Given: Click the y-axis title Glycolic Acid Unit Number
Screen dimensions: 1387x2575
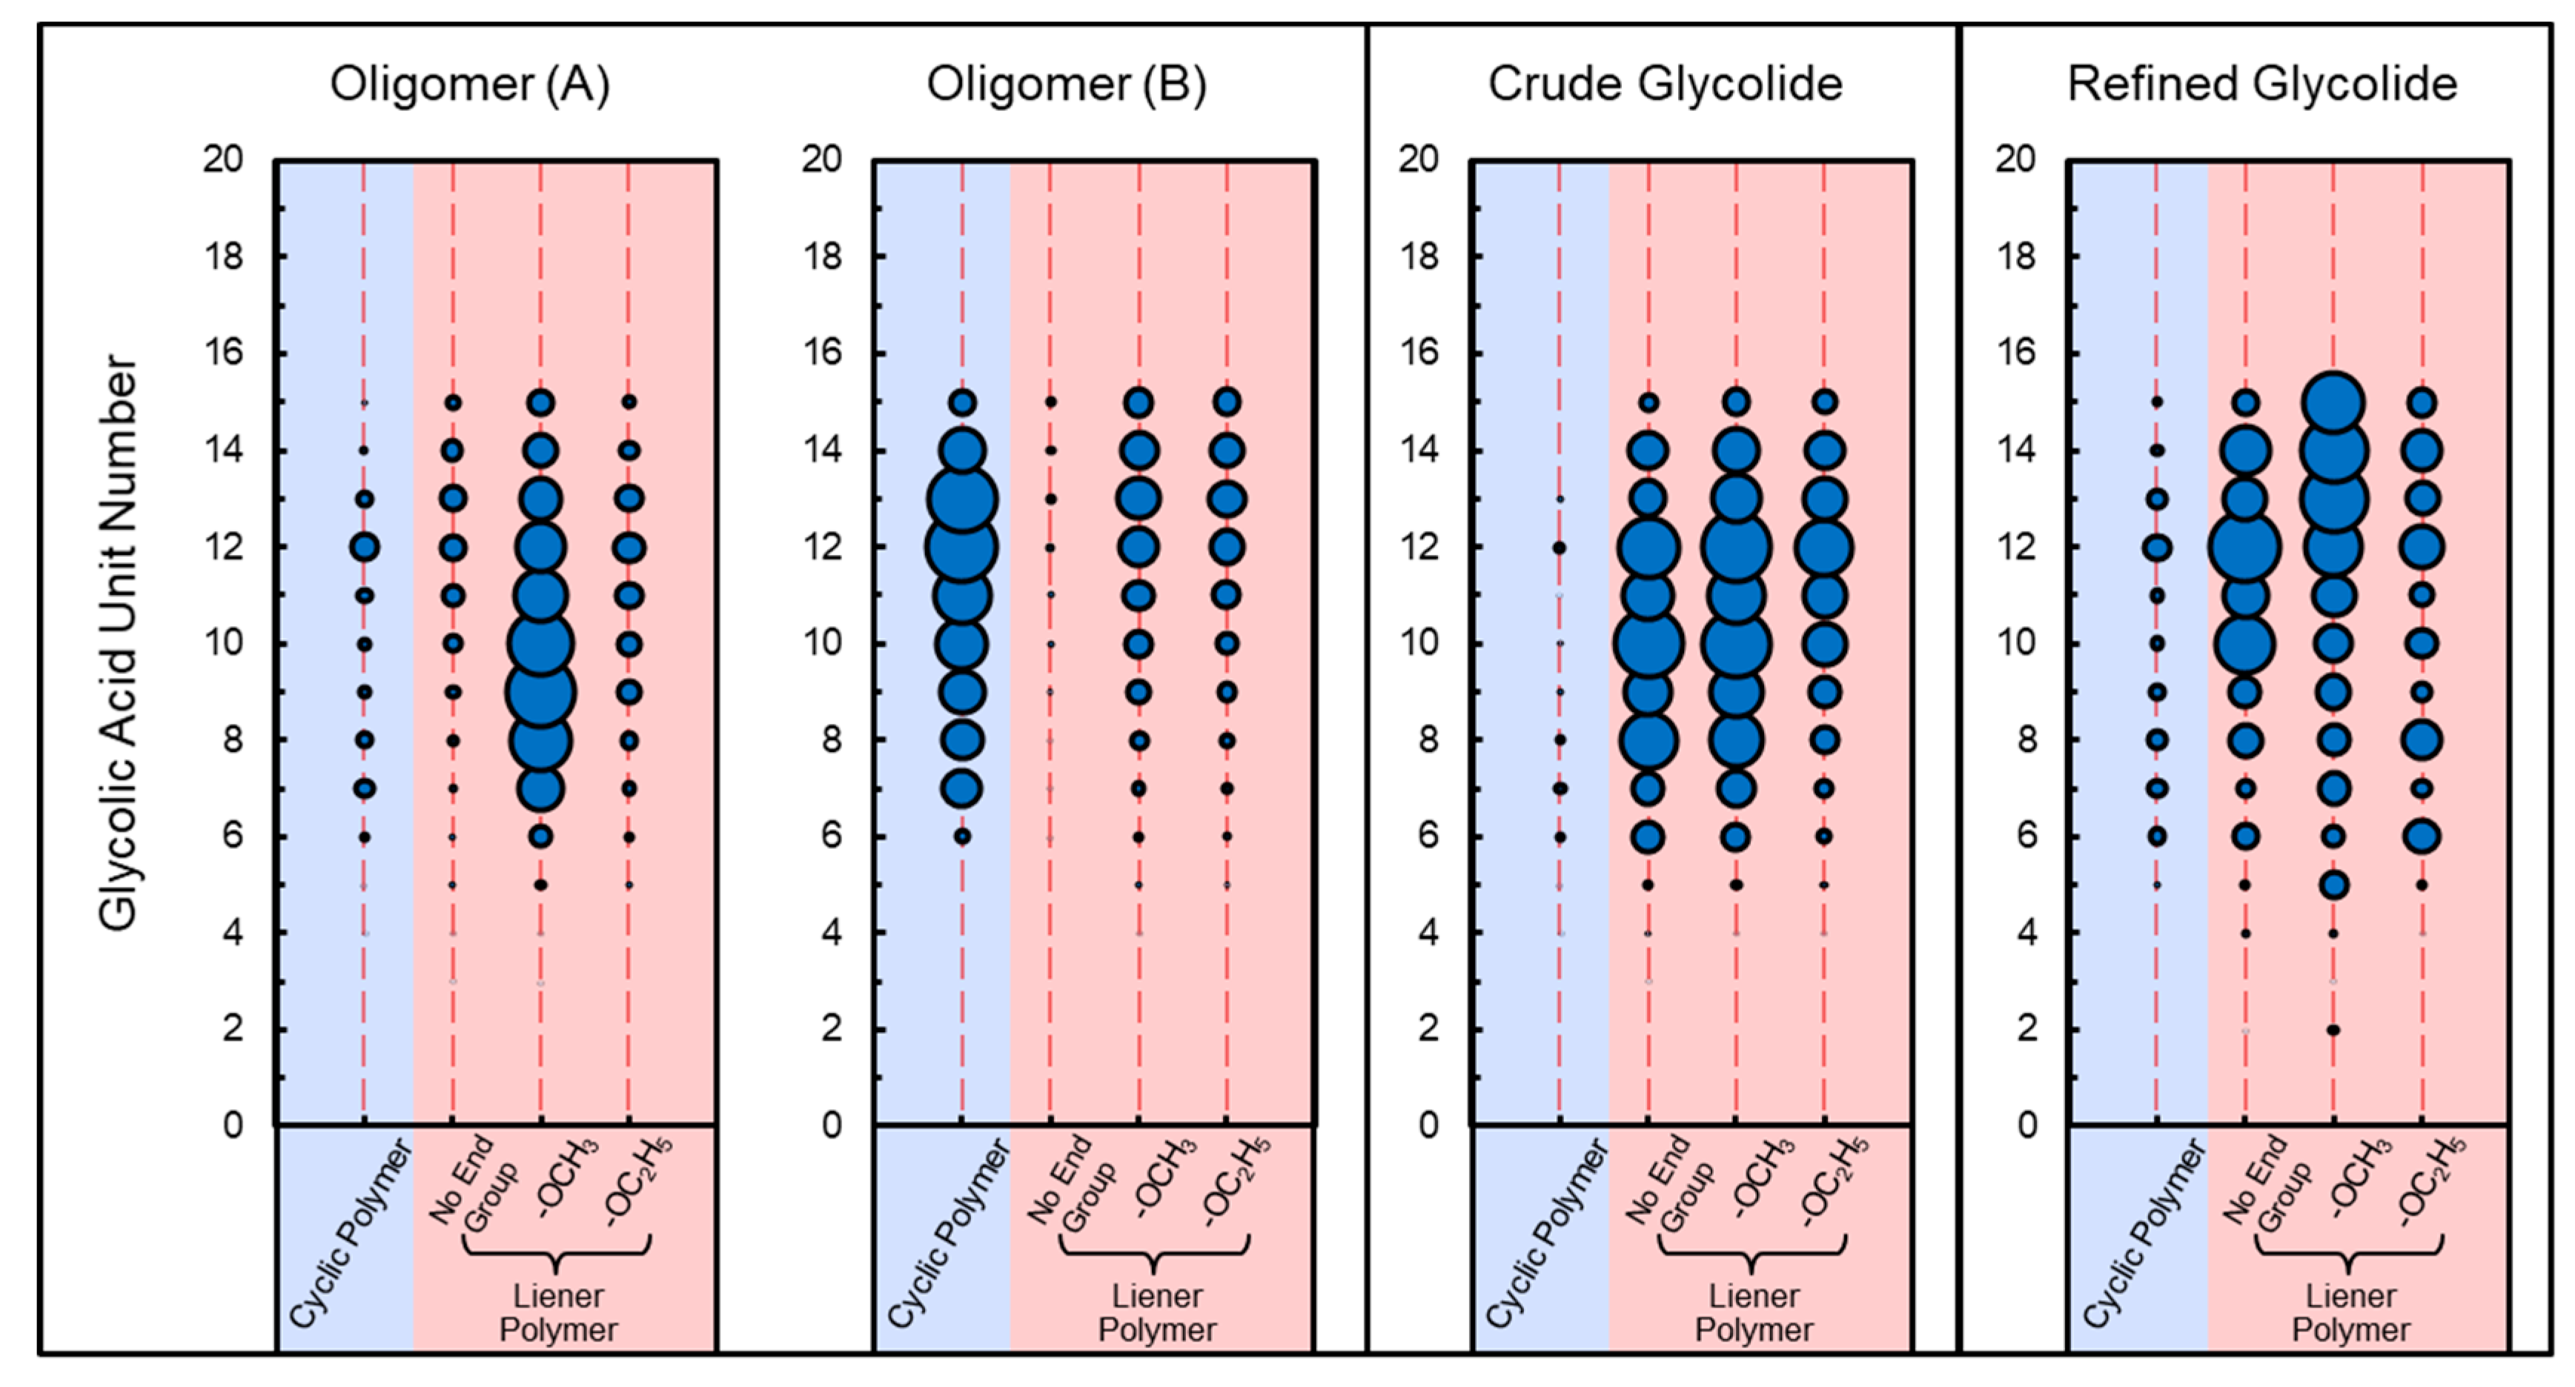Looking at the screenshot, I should [118, 642].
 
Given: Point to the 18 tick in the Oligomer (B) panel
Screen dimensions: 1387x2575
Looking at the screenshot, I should [822, 257].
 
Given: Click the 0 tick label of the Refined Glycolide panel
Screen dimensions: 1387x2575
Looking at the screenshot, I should [2026, 1125].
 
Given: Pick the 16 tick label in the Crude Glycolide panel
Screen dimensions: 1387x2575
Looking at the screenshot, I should [1419, 353].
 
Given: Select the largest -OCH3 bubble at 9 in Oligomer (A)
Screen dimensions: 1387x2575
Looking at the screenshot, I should [541, 691].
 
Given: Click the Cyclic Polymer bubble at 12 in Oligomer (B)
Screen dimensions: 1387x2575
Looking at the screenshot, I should [961, 547].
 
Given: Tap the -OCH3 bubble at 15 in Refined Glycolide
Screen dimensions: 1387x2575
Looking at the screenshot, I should [2333, 403].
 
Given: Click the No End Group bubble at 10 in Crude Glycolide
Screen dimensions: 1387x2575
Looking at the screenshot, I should [1648, 644].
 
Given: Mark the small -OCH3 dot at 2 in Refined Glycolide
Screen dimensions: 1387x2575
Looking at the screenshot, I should [2333, 1029].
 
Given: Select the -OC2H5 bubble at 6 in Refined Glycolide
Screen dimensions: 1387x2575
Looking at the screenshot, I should [2422, 836].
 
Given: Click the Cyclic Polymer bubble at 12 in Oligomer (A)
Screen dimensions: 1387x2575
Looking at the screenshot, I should [364, 547].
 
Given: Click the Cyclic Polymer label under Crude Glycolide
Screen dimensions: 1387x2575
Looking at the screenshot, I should [1545, 1235].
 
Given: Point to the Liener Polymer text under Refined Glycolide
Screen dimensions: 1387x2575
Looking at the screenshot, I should [2350, 1313].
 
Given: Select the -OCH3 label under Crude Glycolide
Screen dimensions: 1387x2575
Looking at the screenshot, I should [1764, 1179].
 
